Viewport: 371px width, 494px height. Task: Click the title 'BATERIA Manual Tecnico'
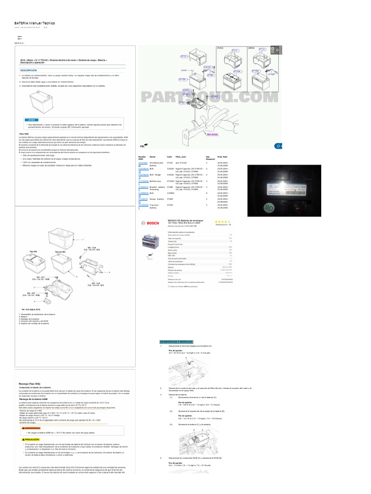(34, 23)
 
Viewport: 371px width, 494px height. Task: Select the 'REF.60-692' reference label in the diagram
(213, 134)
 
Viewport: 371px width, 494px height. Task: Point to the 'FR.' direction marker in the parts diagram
(143, 145)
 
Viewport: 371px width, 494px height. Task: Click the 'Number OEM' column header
(142, 158)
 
